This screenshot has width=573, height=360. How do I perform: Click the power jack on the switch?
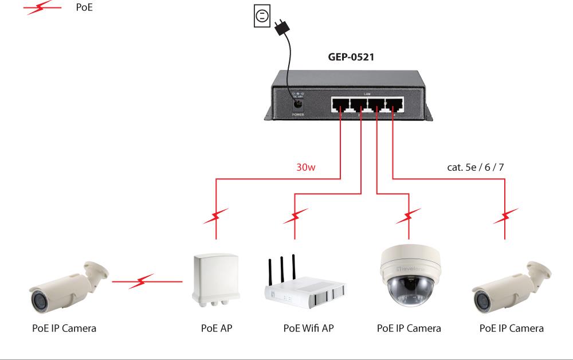(x=297, y=104)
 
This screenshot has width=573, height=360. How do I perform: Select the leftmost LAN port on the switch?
(x=341, y=104)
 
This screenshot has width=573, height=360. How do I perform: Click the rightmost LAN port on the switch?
(x=394, y=104)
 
